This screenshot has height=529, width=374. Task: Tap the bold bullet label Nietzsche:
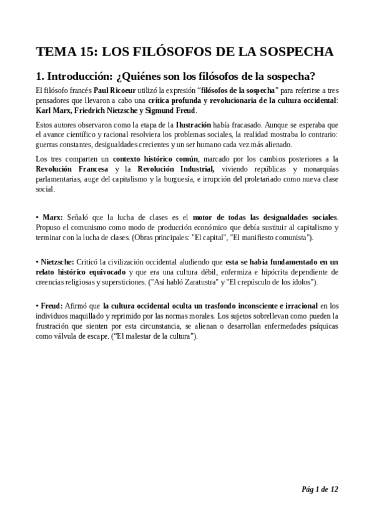pos(58,262)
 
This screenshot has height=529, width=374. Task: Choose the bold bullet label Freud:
pos(52,306)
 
